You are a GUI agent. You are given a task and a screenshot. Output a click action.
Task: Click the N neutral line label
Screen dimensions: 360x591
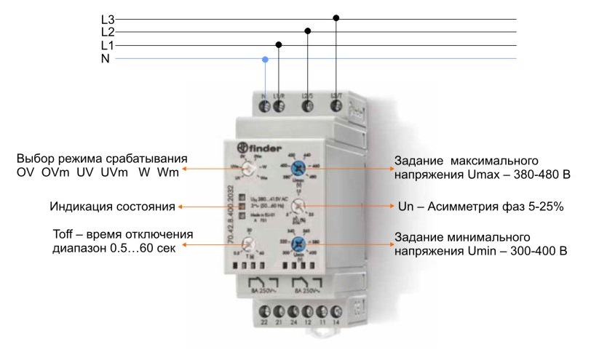pos(106,58)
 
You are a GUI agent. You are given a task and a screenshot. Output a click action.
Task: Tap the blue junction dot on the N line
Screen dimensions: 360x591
pos(265,58)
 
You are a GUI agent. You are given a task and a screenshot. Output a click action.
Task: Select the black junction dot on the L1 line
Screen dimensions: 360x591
pos(279,44)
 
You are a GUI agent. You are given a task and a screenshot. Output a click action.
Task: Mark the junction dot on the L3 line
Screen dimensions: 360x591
pos(336,17)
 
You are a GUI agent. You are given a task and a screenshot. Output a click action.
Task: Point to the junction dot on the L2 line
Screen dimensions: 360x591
pos(308,31)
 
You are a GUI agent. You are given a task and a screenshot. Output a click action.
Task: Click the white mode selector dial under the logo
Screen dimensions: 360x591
pos(250,169)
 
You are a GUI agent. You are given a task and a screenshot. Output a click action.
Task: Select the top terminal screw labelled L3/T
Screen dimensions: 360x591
pos(336,108)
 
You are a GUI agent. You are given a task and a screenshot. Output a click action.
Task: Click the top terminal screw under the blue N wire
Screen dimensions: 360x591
pos(265,108)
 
